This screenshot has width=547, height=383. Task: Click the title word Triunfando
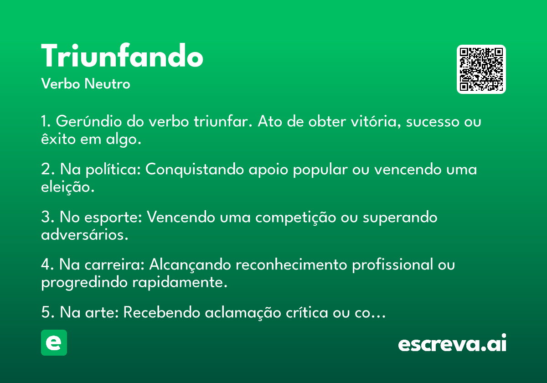tap(122, 55)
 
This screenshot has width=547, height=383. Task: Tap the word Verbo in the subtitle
tap(61, 83)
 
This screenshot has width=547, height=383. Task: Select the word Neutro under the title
tap(107, 83)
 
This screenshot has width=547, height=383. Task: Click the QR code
tap(481, 69)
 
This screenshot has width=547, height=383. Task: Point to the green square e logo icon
tap(54, 342)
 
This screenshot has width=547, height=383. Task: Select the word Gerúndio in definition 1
tap(88, 121)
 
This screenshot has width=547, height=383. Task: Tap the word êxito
tap(58, 139)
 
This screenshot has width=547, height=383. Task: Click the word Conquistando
tap(195, 169)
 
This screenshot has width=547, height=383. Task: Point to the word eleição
tap(67, 187)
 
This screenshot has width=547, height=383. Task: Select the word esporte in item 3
tap(114, 217)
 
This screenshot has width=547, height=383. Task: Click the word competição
tap(295, 217)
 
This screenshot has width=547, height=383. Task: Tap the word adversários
tap(84, 235)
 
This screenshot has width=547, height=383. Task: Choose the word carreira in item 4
tap(114, 264)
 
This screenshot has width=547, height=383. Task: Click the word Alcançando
tap(190, 265)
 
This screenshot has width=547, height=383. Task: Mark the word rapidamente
tap(180, 283)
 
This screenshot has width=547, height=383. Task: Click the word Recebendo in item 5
tap(162, 312)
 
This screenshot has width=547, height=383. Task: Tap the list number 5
tap(46, 312)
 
